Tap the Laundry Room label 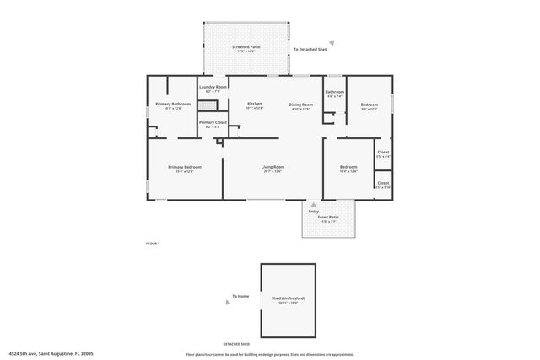pos(213,88)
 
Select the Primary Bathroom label pos(173,105)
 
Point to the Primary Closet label pos(213,123)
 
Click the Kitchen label pos(254,105)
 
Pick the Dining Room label pos(300,105)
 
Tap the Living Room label pos(273,168)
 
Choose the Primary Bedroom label pos(184,168)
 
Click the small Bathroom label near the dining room pos(335,92)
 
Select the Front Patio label pos(328,218)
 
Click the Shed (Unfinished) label pos(288,298)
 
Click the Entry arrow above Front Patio pos(314,204)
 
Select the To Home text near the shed pos(241,296)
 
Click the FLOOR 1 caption pos(153,243)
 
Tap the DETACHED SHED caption pos(236,345)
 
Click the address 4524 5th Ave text pos(50,353)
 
